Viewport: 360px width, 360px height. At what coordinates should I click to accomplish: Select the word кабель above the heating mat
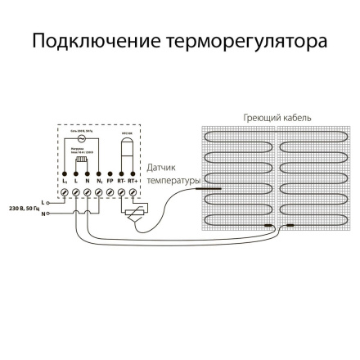[295, 118]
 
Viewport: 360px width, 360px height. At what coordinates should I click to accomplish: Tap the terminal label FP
[110, 180]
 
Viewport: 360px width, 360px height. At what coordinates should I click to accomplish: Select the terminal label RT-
[121, 180]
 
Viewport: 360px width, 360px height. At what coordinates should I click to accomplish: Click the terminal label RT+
[132, 180]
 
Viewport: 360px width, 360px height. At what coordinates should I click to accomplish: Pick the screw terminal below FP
[110, 191]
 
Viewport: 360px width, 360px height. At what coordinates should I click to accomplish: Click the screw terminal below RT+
[132, 191]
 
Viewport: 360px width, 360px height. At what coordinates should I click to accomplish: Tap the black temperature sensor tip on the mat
[201, 187]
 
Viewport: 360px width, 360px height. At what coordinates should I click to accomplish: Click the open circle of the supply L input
[47, 201]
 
